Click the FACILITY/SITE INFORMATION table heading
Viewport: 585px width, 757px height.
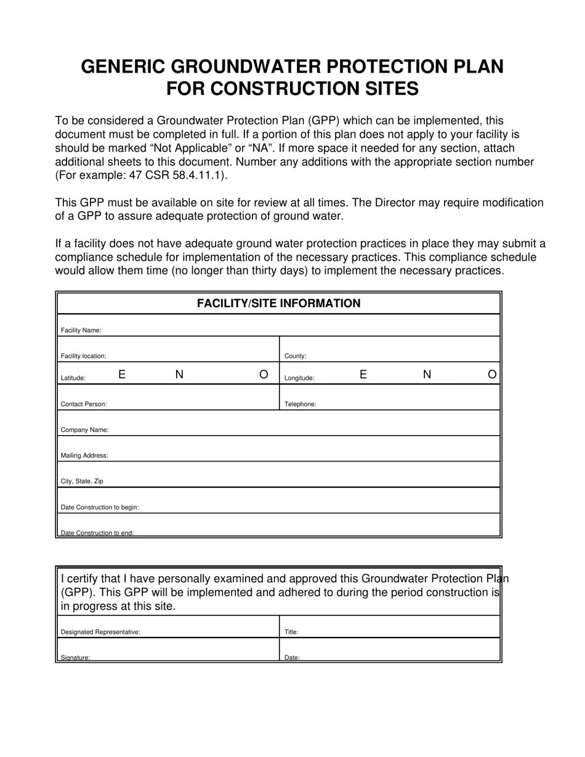click(x=278, y=303)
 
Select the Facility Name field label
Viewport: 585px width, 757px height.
click(x=81, y=330)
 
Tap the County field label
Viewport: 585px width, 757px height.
click(x=295, y=356)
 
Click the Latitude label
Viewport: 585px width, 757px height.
click(x=73, y=378)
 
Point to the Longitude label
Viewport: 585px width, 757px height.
click(x=299, y=378)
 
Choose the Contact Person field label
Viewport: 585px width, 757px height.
click(x=84, y=404)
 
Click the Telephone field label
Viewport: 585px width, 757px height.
click(x=300, y=404)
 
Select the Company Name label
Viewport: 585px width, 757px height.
click(x=84, y=430)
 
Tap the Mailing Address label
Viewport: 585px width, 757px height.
click(x=84, y=456)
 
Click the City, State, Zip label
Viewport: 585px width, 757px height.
click(x=82, y=481)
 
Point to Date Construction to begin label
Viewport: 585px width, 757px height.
click(x=100, y=508)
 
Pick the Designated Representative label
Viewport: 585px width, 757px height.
click(x=100, y=632)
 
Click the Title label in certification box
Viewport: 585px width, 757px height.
click(x=291, y=632)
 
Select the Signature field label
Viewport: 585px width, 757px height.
click(x=76, y=657)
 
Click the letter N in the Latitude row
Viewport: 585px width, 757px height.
click(x=179, y=374)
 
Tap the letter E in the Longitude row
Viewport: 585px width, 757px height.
click(x=363, y=374)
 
